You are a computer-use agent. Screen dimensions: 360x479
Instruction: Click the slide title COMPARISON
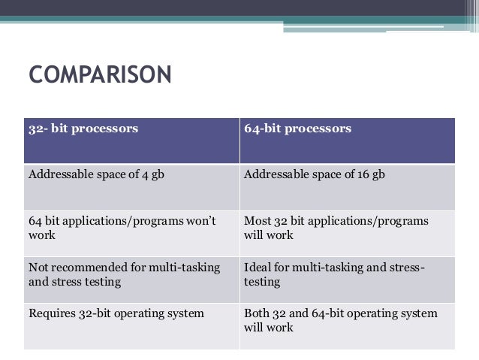(x=100, y=76)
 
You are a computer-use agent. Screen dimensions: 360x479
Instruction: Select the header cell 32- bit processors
(x=83, y=129)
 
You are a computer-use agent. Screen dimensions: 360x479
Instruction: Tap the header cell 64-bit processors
(x=298, y=129)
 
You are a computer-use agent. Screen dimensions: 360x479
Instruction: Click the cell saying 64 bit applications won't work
(x=122, y=228)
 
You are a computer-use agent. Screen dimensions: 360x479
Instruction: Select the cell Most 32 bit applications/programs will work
(x=336, y=228)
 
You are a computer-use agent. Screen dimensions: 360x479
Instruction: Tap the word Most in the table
(x=257, y=221)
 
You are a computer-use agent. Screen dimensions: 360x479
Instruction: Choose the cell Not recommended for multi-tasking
(x=124, y=274)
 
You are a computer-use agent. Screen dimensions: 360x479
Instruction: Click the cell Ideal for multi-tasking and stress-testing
(x=334, y=274)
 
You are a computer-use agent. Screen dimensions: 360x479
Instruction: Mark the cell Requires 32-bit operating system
(x=116, y=313)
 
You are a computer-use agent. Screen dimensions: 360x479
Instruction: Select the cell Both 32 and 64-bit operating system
(x=340, y=320)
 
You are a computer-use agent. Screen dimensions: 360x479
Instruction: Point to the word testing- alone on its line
(x=262, y=283)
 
